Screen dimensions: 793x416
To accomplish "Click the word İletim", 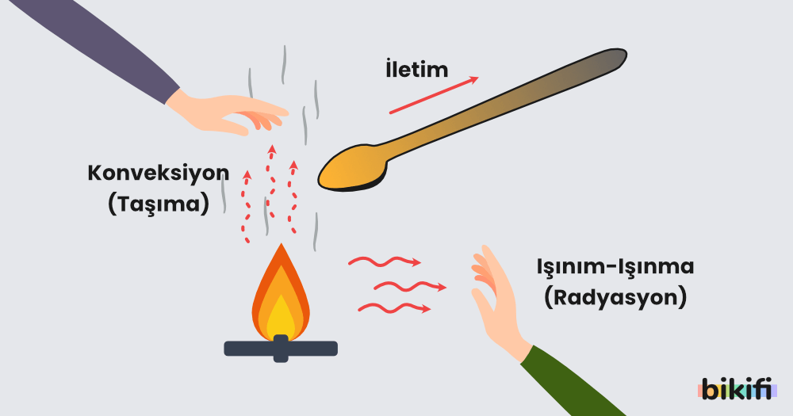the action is [417, 69].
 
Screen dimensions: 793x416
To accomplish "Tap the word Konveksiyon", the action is [159, 173].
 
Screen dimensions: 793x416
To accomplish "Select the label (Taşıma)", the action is [159, 204].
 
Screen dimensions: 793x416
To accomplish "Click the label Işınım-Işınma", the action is [615, 267].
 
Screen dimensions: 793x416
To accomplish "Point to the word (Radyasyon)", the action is [615, 297].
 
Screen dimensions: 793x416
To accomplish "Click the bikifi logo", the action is [737, 389].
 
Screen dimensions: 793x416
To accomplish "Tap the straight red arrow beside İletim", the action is [434, 95].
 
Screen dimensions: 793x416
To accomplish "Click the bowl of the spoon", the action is [353, 169].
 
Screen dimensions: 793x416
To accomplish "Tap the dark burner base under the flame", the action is [281, 349].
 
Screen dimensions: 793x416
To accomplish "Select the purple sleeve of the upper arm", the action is [96, 48].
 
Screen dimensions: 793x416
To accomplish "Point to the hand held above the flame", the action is [228, 114].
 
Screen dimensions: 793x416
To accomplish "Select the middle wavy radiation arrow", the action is [410, 287].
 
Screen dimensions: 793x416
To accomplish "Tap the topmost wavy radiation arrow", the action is [385, 261].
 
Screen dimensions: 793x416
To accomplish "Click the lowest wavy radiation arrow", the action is [394, 307].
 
